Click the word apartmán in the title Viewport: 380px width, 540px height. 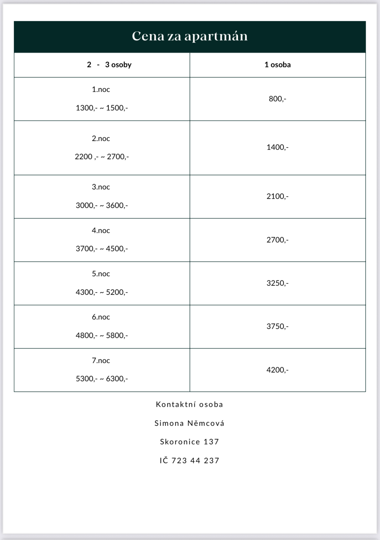coord(216,36)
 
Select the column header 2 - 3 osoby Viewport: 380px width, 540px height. coord(109,65)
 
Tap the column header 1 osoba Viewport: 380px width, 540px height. coord(277,65)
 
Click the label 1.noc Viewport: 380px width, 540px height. coord(101,89)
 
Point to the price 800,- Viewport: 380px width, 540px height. coord(277,99)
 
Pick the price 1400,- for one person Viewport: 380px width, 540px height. coord(277,147)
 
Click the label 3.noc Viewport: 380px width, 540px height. coord(101,187)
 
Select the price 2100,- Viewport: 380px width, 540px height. coord(277,196)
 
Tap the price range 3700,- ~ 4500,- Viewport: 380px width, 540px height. coord(102,249)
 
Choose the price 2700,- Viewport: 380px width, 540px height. coord(277,240)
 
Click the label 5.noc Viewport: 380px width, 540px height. coord(101,274)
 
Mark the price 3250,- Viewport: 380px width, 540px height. coord(277,283)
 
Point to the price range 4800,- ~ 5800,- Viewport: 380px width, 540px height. coord(102,336)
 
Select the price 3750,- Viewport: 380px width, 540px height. coord(277,326)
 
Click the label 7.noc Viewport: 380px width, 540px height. coord(101,361)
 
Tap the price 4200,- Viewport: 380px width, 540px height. coord(277,370)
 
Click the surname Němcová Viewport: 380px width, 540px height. coord(206,423)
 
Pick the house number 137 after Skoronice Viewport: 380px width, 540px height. coord(211,442)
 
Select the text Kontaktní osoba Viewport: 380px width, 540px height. coord(190,404)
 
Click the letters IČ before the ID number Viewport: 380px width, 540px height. coord(164,461)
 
